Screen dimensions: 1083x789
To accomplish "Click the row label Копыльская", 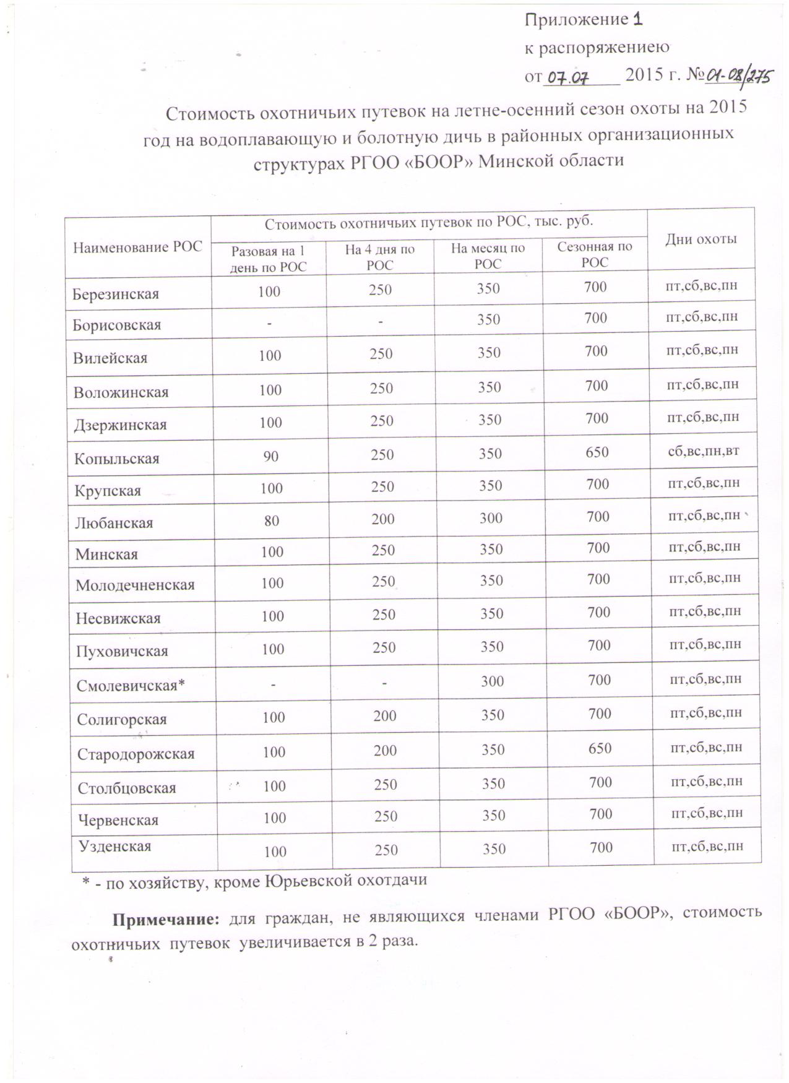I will pyautogui.click(x=117, y=459).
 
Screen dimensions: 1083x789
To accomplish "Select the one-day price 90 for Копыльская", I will pyautogui.click(x=271, y=457).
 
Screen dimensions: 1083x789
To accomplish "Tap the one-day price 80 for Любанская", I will pyautogui.click(x=272, y=520).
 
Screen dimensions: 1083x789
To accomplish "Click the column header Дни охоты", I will pyautogui.click(x=701, y=239).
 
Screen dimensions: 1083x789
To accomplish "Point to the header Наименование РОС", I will pyautogui.click(x=137, y=248).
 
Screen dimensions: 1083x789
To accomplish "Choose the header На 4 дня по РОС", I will pyautogui.click(x=380, y=257).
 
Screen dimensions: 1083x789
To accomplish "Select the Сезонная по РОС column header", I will pyautogui.click(x=595, y=254).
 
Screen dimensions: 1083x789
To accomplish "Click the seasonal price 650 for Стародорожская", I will pyautogui.click(x=600, y=748).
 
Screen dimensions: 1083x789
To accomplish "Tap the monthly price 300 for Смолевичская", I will pyautogui.click(x=493, y=681).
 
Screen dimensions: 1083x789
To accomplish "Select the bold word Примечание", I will pyautogui.click(x=165, y=919).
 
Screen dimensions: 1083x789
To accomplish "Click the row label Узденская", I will pyautogui.click(x=115, y=846).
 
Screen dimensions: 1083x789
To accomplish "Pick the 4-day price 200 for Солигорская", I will pyautogui.click(x=384, y=716).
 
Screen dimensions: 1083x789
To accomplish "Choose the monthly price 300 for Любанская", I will pyautogui.click(x=491, y=518).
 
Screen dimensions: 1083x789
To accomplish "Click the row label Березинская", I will pyautogui.click(x=116, y=294).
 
